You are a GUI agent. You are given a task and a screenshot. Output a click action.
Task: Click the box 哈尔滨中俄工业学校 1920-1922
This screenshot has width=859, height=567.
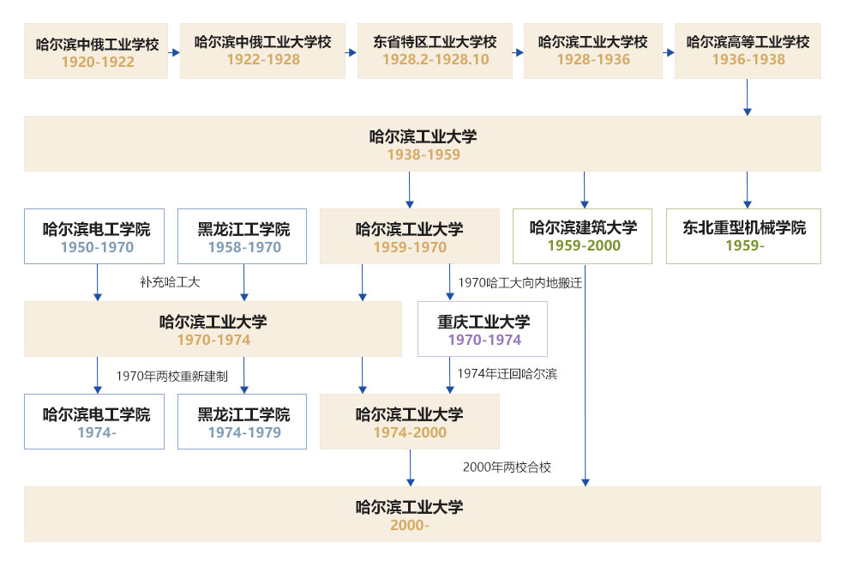click(x=96, y=51)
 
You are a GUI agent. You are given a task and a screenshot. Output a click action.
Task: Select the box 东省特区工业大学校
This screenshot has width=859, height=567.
click(x=435, y=51)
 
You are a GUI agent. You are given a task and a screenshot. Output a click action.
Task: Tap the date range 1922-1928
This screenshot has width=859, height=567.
click(x=263, y=60)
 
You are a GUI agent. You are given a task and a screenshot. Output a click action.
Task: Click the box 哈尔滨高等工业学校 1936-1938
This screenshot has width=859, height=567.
click(x=748, y=51)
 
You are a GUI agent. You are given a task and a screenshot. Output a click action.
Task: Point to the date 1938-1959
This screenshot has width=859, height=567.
click(x=423, y=155)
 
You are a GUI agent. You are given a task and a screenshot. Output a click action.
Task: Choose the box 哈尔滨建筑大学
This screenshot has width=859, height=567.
click(x=583, y=236)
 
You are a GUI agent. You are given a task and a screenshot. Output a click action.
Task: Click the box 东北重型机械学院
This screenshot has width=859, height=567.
click(x=743, y=236)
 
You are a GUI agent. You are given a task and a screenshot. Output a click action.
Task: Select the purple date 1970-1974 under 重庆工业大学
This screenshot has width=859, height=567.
click(x=484, y=341)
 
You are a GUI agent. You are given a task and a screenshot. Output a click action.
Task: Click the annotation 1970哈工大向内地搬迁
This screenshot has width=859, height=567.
click(x=520, y=282)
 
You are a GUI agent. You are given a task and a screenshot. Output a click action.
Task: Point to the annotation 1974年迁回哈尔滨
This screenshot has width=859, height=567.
click(x=507, y=374)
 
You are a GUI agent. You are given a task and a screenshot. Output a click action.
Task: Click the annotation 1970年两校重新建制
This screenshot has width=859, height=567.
click(x=171, y=376)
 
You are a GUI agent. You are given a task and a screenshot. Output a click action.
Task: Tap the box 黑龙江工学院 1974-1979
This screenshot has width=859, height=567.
click(x=243, y=422)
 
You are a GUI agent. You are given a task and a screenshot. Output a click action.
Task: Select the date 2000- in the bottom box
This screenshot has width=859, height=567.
click(x=409, y=525)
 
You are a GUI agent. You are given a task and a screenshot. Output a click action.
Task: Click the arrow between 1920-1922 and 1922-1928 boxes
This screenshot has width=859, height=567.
click(x=175, y=52)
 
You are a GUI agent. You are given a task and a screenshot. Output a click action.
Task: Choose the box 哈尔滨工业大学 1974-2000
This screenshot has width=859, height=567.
click(x=409, y=422)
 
